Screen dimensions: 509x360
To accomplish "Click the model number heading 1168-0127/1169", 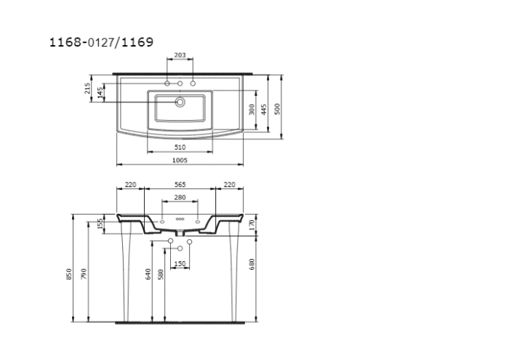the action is point(101,42).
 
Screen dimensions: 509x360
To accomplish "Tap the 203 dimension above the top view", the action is point(180,55).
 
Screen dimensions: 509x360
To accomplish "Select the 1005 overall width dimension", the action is point(180,160).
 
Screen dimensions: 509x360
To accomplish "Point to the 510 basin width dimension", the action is point(180,148).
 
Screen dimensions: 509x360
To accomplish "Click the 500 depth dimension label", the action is point(277,109).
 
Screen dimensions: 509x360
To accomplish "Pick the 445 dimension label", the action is point(264,109).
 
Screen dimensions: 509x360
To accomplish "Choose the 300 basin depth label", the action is point(252,109).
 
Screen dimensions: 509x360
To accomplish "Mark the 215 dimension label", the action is point(87,88).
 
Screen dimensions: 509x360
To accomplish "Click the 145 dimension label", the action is point(100,92).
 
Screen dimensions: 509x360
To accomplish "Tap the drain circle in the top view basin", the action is point(180,103).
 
